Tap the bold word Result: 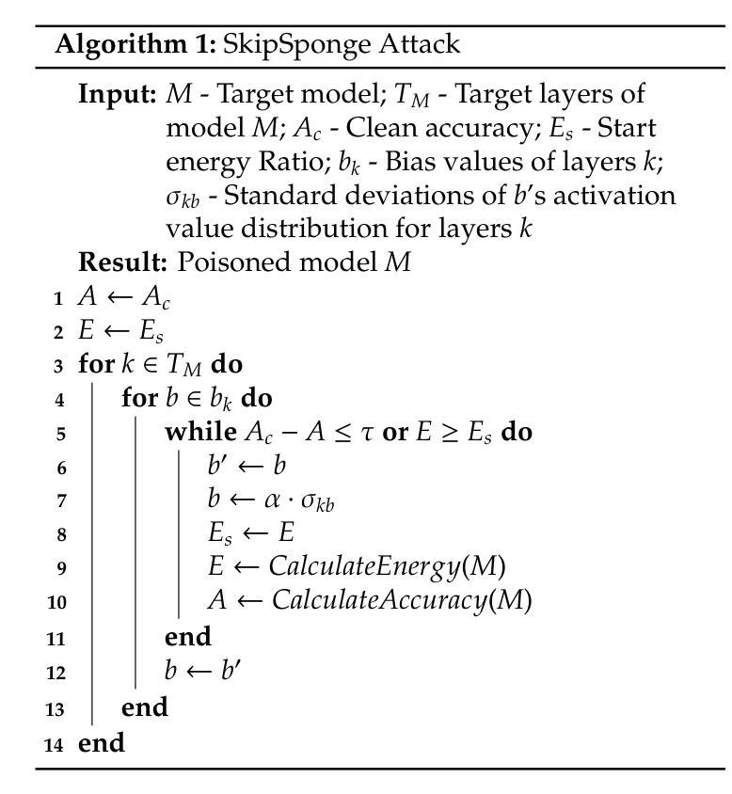[122, 262]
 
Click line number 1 [57, 299]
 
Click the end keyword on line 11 [187, 637]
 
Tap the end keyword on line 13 [144, 707]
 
